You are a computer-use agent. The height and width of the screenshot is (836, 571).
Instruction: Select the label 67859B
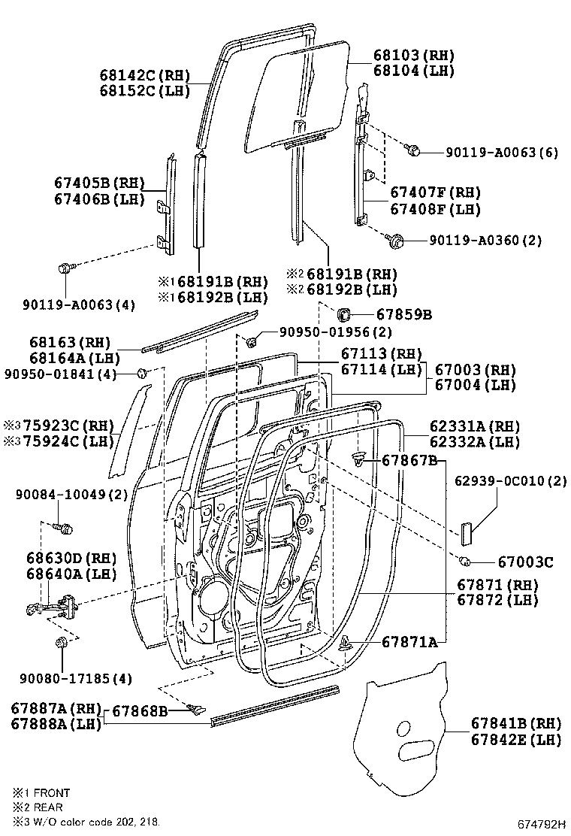click(403, 315)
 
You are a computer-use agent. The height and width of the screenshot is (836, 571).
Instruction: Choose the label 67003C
click(525, 562)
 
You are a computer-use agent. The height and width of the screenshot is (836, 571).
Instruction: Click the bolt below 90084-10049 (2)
click(65, 528)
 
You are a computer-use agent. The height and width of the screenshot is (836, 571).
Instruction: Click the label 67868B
click(140, 710)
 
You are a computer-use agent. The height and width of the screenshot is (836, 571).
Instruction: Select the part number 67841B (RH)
click(516, 723)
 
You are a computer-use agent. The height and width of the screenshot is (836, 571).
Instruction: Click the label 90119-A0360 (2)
click(485, 241)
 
